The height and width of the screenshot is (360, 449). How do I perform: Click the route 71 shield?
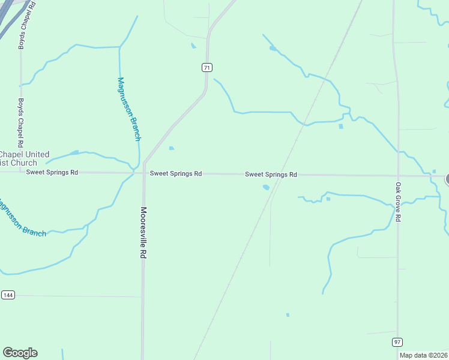point(206,68)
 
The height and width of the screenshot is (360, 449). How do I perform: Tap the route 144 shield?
point(8,295)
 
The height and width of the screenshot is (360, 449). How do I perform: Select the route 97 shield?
point(397,341)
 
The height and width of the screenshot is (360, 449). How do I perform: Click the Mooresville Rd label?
point(143,233)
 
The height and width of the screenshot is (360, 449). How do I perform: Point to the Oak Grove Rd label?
point(398,202)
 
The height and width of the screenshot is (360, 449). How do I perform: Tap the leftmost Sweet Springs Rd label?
point(52,172)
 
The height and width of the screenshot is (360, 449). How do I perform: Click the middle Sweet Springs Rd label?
point(176,173)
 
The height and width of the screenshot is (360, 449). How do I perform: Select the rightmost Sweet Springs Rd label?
point(271,175)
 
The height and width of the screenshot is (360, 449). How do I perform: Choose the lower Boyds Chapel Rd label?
point(20,123)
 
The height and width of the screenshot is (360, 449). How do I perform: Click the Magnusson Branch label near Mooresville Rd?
point(129,109)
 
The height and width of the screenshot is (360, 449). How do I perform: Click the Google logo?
point(20,353)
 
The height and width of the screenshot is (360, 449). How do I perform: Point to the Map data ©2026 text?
point(423,355)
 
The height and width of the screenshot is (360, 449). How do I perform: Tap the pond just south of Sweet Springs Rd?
point(266,187)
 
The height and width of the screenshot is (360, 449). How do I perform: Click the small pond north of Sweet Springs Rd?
point(172,148)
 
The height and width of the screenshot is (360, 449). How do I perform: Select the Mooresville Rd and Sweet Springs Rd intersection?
point(143,173)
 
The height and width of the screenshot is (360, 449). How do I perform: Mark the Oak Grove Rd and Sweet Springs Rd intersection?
point(397,176)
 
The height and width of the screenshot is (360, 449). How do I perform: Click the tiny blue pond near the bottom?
point(288,314)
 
